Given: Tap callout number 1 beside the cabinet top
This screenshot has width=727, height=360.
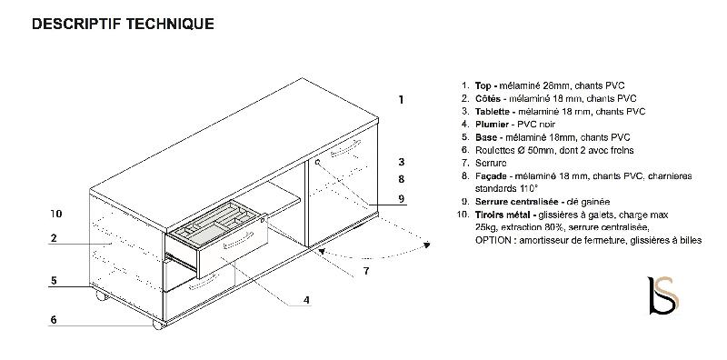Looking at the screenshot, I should (401, 99).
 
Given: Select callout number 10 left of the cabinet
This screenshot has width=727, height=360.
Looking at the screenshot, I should (56, 214).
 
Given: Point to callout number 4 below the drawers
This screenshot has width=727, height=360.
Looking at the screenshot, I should (307, 299).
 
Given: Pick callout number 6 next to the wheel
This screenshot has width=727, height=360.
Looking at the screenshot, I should (54, 319).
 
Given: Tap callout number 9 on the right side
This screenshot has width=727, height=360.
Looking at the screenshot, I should (401, 198).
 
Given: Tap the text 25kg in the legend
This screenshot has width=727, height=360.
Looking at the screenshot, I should (485, 226).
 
